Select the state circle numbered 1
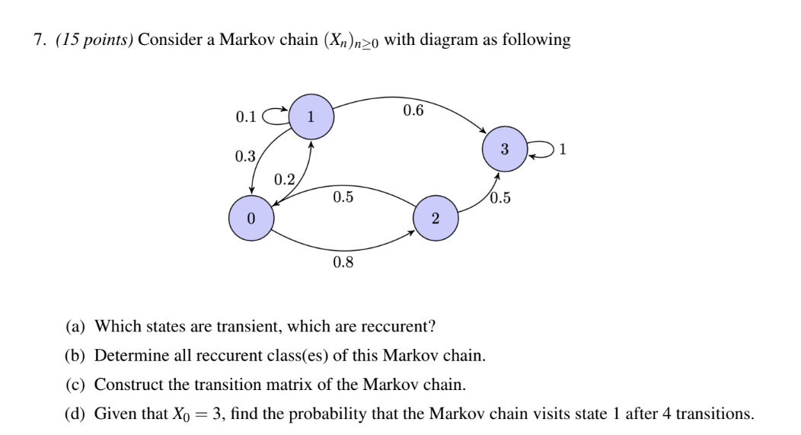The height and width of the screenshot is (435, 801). (310, 117)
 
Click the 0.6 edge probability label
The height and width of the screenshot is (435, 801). (413, 110)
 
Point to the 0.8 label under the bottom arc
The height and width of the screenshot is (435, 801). (343, 263)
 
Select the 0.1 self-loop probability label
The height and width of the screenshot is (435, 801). (246, 117)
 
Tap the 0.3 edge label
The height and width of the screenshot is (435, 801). (245, 156)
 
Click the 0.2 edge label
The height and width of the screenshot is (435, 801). (284, 180)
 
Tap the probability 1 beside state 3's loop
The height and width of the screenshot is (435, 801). (563, 149)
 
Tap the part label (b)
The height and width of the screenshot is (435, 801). (76, 356)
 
